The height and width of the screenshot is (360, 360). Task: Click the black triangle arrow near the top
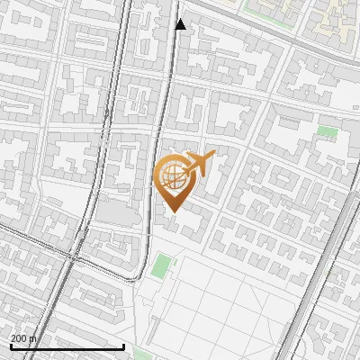pyautogui.click(x=181, y=24)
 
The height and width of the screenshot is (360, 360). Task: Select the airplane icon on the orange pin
pyautogui.click(x=199, y=165)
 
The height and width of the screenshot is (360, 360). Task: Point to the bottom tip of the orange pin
pyautogui.click(x=174, y=211)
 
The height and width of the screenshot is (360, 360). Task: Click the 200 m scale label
pyautogui.click(x=23, y=338)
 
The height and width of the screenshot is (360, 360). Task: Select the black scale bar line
pyautogui.click(x=67, y=346)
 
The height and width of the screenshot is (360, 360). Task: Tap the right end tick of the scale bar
pyautogui.click(x=123, y=345)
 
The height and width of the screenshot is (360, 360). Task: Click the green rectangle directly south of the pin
pyautogui.click(x=162, y=266)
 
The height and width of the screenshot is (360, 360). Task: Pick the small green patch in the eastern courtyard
pyautogui.click(x=328, y=132)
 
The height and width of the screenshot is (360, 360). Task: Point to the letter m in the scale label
pyautogui.click(x=33, y=339)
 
